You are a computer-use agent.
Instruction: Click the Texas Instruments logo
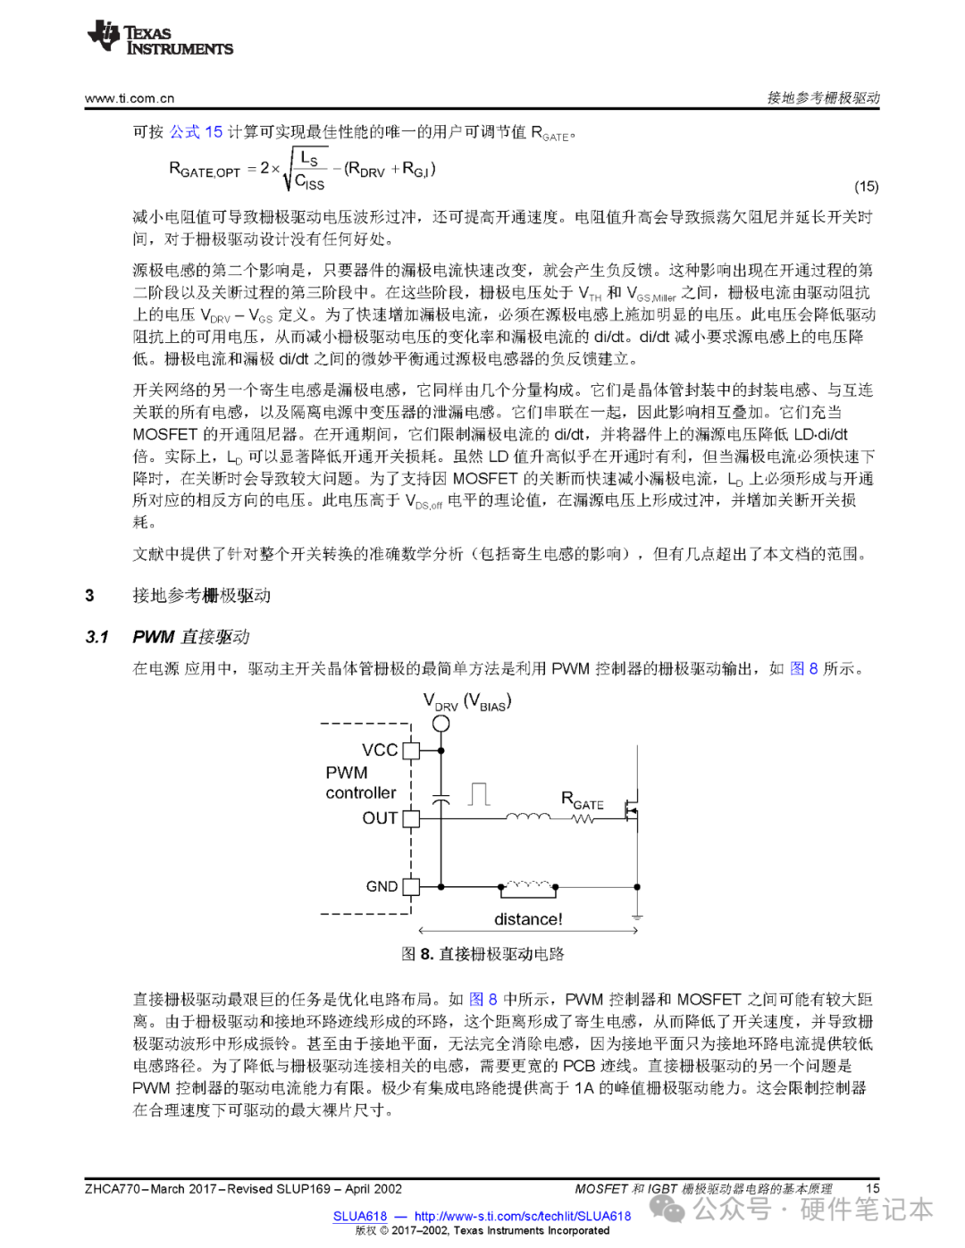pos(160,38)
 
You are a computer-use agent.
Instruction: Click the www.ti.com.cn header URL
pos(130,98)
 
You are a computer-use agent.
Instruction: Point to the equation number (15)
pos(866,187)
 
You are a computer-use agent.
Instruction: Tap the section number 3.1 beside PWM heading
pos(96,637)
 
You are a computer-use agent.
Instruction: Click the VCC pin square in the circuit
pos(411,750)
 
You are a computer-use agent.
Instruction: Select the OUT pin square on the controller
pos(411,817)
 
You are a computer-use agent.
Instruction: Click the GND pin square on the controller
pos(411,886)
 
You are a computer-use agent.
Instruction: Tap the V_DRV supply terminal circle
pos(441,725)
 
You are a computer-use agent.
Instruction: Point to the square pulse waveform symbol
pos(480,794)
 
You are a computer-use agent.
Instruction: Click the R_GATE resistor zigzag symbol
pos(583,818)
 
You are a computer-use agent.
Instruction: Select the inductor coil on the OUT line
pos(528,816)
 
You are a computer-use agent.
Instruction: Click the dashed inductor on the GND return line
pos(528,886)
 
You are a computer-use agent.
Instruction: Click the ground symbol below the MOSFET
pos(637,917)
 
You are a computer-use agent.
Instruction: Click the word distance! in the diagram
pos(528,919)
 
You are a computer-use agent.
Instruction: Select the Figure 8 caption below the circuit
pos(482,954)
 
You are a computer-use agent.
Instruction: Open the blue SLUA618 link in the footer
pos(360,1216)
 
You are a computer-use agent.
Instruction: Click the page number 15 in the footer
pos(873,1188)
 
